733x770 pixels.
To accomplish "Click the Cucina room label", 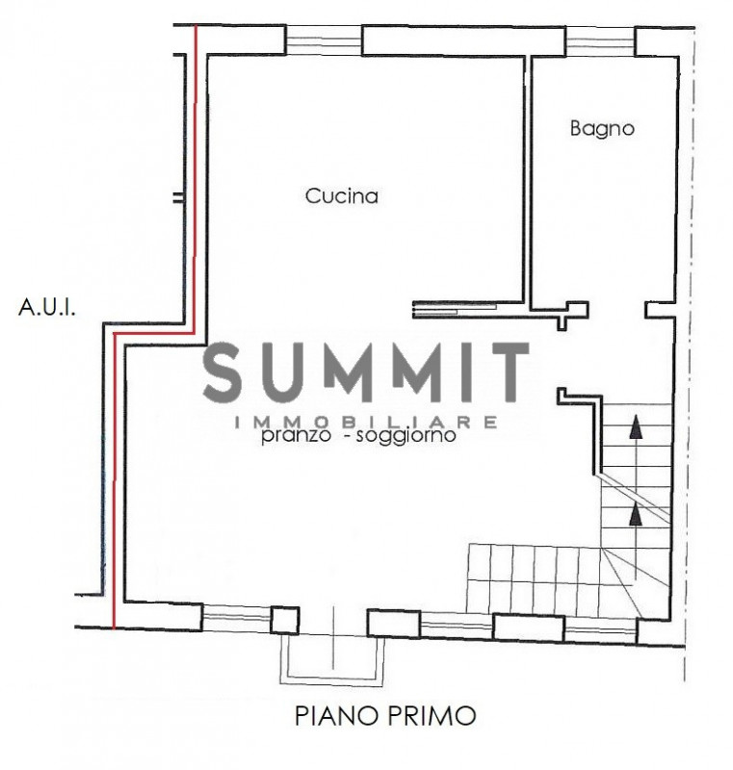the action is click(341, 196).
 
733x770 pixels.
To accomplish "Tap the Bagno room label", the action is click(602, 129).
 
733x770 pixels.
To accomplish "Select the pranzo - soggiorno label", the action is click(358, 436).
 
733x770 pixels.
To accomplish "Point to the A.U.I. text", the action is click(47, 308).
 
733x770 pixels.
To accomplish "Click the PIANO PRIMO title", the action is click(385, 715).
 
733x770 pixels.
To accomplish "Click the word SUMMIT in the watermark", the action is click(366, 372).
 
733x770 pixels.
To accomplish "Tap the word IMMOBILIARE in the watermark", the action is click(366, 422).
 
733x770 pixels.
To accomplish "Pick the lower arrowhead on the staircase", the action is click(636, 514).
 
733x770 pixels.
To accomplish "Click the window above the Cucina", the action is click(324, 39).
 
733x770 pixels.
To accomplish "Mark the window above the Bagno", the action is click(600, 41).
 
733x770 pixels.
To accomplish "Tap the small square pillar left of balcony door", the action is click(284, 620).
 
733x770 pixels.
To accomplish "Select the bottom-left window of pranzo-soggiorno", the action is click(236, 618).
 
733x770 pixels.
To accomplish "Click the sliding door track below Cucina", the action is click(455, 309).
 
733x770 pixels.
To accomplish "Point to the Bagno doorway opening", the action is click(616, 310).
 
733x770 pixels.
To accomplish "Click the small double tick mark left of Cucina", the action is click(179, 198).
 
